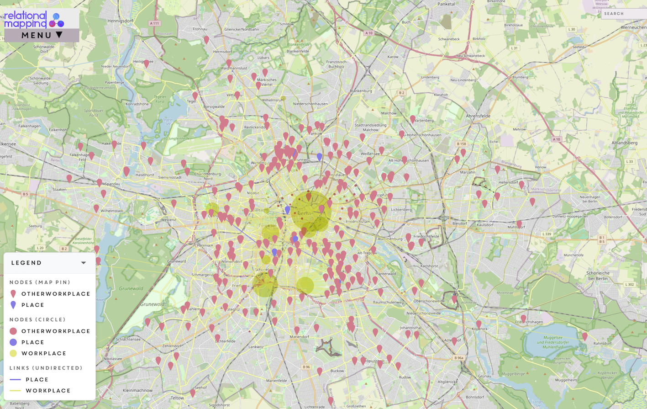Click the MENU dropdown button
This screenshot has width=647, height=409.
pyautogui.click(x=42, y=35)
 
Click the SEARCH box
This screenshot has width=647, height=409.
pyautogui.click(x=623, y=14)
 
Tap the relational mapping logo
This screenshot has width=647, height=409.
pyautogui.click(x=34, y=19)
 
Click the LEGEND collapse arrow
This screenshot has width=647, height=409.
pyautogui.click(x=83, y=263)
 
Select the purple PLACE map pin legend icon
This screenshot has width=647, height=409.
pyautogui.click(x=13, y=305)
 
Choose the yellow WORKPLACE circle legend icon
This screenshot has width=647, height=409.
pyautogui.click(x=13, y=353)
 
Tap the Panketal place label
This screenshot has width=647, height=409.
pyautogui.click(x=446, y=4)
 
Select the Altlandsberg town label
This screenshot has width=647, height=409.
pyautogui.click(x=624, y=143)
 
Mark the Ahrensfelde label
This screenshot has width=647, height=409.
pyautogui.click(x=478, y=116)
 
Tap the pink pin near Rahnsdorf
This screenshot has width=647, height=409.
pyautogui.click(x=584, y=336)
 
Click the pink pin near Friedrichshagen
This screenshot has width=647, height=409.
pyautogui.click(x=523, y=318)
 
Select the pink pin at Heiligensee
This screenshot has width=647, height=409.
pyautogui.click(x=147, y=64)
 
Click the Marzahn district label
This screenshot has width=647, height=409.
pyautogui.click(x=468, y=172)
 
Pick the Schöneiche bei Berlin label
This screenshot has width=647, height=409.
pyautogui.click(x=598, y=276)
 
